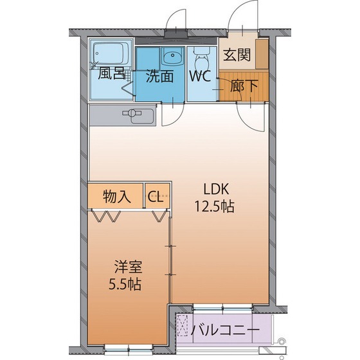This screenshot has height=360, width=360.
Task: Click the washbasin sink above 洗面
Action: pyautogui.click(x=170, y=57)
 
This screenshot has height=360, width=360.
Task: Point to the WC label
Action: pyautogui.click(x=201, y=76)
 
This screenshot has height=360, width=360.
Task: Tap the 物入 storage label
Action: pyautogui.click(x=117, y=197)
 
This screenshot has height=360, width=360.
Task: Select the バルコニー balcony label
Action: pyautogui.click(x=226, y=331)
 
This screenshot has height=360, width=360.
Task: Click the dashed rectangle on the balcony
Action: pyautogui.click(x=184, y=327)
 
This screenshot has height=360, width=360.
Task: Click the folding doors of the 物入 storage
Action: pyautogui.click(x=106, y=217)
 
